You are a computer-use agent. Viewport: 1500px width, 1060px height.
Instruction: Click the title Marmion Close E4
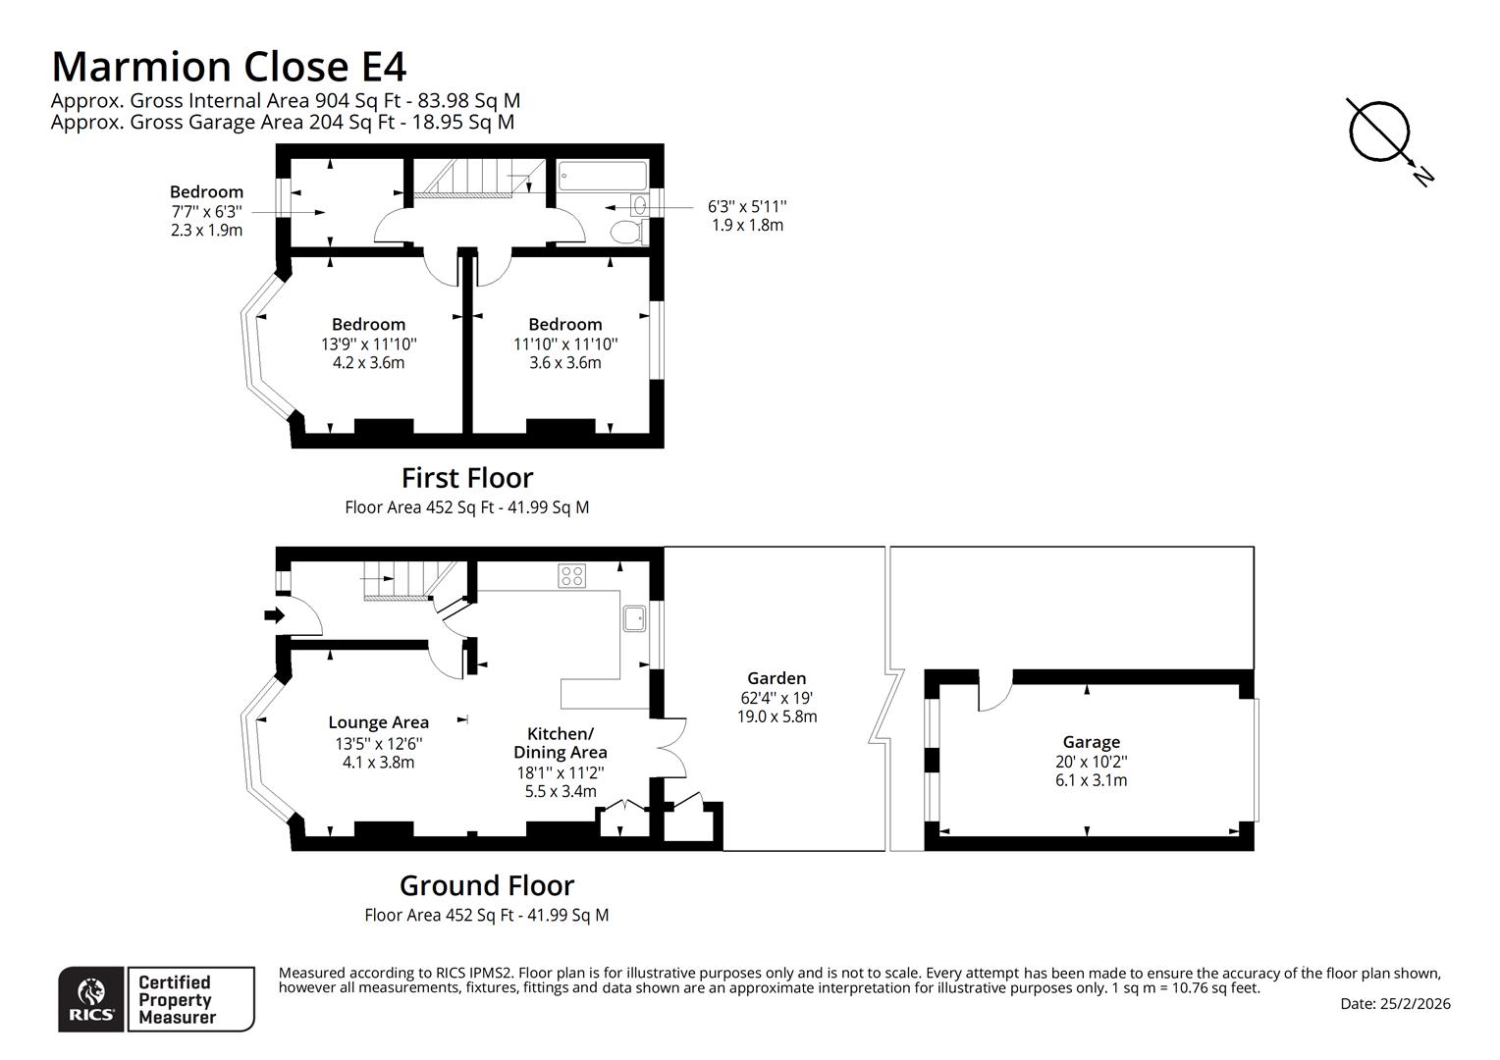[x=228, y=67]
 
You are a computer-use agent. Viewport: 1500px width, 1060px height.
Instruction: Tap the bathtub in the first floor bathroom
[x=603, y=178]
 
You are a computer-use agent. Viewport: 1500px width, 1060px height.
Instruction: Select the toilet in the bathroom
[x=625, y=232]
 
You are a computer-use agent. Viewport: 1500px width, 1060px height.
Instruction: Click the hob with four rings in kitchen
[x=572, y=576]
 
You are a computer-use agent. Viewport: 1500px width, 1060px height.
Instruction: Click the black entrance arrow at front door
[x=274, y=615]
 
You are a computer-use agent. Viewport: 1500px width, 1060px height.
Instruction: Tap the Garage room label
[x=1091, y=742]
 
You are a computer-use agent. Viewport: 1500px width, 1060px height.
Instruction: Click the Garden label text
[x=777, y=678]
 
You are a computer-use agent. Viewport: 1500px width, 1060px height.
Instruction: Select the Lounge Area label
[x=378, y=722]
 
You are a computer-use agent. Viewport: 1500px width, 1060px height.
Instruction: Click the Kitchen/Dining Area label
[x=561, y=743]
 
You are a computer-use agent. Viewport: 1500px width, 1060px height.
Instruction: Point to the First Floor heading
[x=466, y=478]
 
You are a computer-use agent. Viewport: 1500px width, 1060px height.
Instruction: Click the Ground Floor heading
[x=486, y=885]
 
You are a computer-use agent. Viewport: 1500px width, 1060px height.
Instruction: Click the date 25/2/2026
[x=1395, y=1004]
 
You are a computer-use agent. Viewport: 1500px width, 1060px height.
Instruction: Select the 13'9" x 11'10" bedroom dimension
[x=368, y=344]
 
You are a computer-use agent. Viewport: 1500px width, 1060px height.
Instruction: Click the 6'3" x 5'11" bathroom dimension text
[x=747, y=206]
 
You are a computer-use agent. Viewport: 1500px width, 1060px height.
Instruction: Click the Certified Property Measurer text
[x=175, y=999]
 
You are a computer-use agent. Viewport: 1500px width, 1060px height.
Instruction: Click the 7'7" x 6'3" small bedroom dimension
[x=206, y=211]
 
